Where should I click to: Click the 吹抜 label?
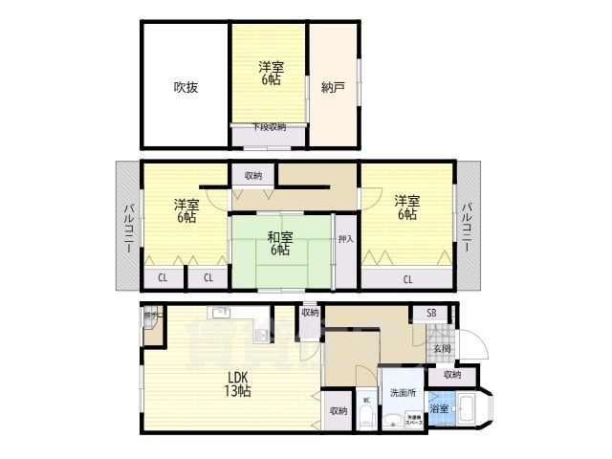pyautogui.click(x=186, y=88)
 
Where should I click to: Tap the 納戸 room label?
pyautogui.click(x=333, y=88)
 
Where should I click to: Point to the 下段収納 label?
pyautogui.click(x=269, y=127)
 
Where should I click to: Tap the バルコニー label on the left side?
pyautogui.click(x=127, y=228)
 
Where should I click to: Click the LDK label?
pyautogui.click(x=238, y=384)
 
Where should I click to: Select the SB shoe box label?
pyautogui.click(x=431, y=313)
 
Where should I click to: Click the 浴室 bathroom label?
pyautogui.click(x=441, y=410)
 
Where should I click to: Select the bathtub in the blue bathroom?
pyautogui.click(x=470, y=412)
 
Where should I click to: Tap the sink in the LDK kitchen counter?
pyautogui.click(x=221, y=312)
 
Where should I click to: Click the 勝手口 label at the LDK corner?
pyautogui.click(x=150, y=315)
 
